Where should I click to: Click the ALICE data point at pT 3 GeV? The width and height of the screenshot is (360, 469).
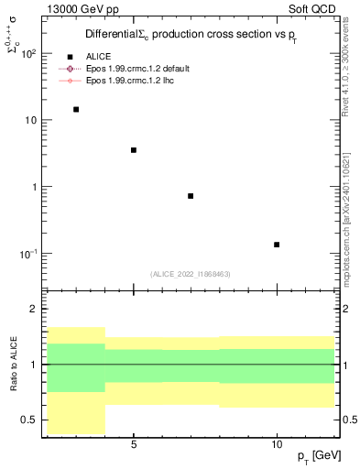76,109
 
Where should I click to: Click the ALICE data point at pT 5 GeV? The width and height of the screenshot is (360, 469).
134,150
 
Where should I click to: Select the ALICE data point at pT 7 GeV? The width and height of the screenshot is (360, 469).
191,196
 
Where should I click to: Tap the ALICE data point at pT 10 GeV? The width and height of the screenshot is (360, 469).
277,245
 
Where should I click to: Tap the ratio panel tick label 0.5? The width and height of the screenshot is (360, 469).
29,420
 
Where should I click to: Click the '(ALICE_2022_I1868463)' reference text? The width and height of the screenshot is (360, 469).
191,274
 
